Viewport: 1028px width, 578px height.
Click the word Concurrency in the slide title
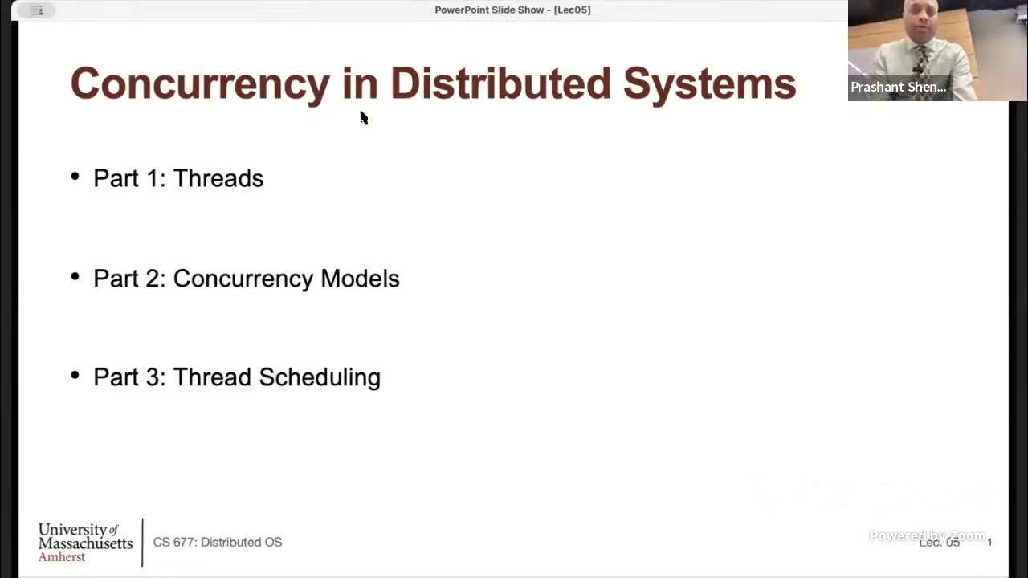pyautogui.click(x=200, y=84)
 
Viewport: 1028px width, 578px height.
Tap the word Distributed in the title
pyautogui.click(x=500, y=84)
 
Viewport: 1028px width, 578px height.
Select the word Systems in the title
pyautogui.click(x=709, y=84)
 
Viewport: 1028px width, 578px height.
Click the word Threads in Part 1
pyautogui.click(x=218, y=178)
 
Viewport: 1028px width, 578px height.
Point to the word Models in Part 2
pyautogui.click(x=360, y=279)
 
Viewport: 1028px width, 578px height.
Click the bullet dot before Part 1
pyautogui.click(x=75, y=177)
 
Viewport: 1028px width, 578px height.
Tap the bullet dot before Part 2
pyautogui.click(x=75, y=277)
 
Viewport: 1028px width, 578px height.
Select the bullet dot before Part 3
pyautogui.click(x=75, y=376)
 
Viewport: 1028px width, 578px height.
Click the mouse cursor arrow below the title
pyautogui.click(x=363, y=117)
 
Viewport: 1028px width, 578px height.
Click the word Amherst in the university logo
pyautogui.click(x=61, y=556)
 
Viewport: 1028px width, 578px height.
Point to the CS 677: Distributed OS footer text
pyautogui.click(x=218, y=543)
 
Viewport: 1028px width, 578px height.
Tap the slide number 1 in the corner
pyautogui.click(x=989, y=543)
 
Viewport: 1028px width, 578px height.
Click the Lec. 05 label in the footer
pyautogui.click(x=939, y=543)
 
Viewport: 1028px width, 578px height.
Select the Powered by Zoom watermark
pyautogui.click(x=927, y=535)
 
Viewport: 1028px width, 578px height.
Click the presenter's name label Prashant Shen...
pyautogui.click(x=898, y=87)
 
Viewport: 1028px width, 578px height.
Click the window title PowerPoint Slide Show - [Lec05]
pyautogui.click(x=512, y=10)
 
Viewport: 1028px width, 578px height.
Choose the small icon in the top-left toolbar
pyautogui.click(x=37, y=10)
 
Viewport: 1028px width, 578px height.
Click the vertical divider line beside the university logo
pyautogui.click(x=142, y=542)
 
